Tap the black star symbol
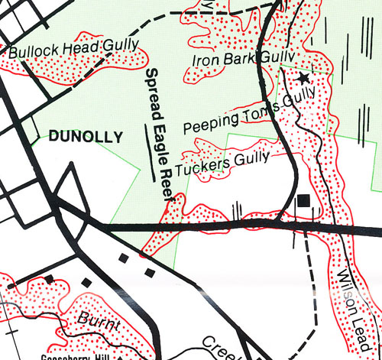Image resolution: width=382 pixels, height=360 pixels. pyautogui.click(x=304, y=78)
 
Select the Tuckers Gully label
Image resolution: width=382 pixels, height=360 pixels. pyautogui.click(x=222, y=162)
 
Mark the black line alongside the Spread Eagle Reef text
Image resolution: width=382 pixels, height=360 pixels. pyautogui.click(x=150, y=145)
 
